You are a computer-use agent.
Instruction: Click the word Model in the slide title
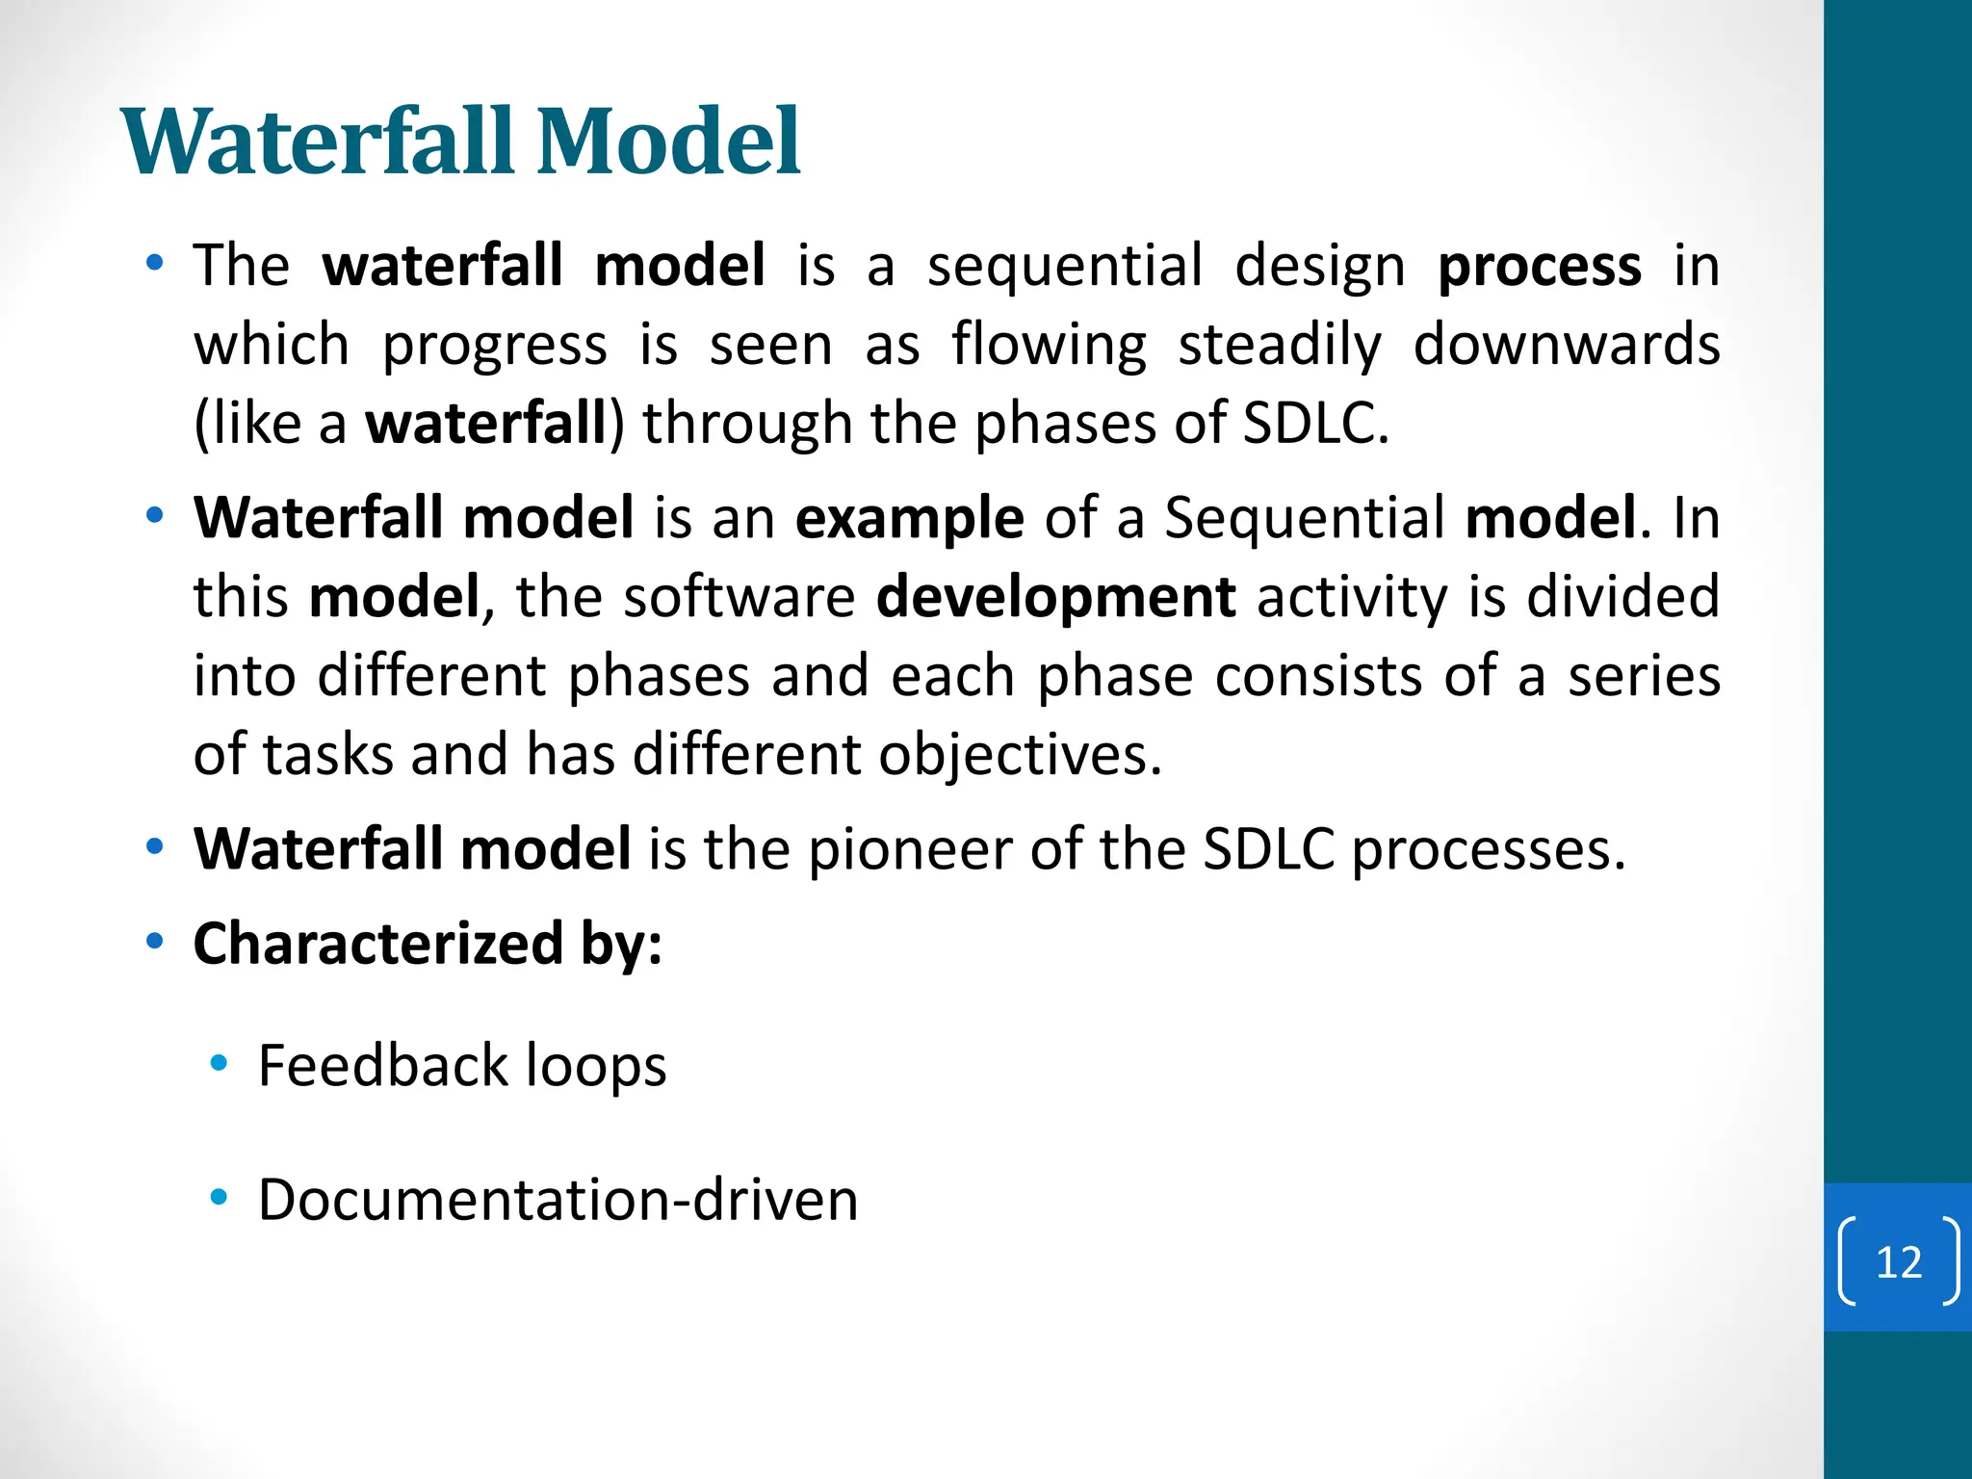click(668, 143)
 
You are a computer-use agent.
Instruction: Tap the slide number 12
click(1898, 1261)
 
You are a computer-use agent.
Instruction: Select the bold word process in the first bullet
click(1539, 267)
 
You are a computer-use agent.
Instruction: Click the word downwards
click(1566, 345)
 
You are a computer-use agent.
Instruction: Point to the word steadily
click(1280, 347)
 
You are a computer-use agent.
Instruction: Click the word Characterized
click(377, 944)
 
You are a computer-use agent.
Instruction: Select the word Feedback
click(382, 1066)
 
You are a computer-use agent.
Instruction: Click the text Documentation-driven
click(558, 1201)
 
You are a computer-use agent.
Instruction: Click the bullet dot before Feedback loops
click(219, 1064)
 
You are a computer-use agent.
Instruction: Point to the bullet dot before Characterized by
click(154, 942)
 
